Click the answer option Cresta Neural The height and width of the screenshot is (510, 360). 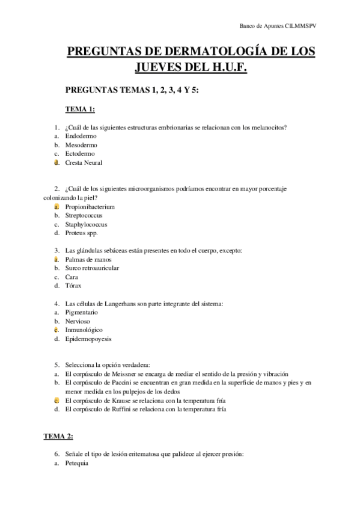coord(84,162)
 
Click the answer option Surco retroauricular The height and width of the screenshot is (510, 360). coord(92,268)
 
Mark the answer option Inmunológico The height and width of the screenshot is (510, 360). coord(84,330)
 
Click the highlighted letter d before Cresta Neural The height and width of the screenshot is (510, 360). coord(56,162)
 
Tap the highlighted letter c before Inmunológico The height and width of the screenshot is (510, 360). coord(56,330)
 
